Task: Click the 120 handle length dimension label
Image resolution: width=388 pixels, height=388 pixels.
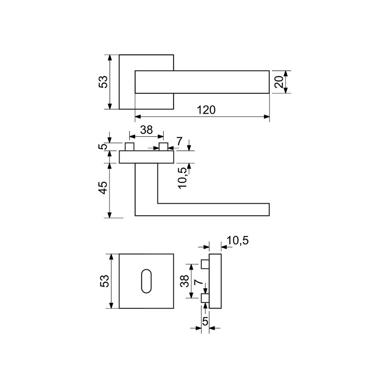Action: tap(206, 110)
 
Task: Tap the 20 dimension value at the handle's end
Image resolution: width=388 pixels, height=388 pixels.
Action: tap(279, 82)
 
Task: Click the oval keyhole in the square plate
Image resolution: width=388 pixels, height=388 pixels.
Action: tap(146, 281)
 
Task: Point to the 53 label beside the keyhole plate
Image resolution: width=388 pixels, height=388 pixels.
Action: tap(104, 281)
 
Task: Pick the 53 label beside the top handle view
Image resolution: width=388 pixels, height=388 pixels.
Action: tap(103, 81)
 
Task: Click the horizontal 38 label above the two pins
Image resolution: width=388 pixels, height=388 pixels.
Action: tap(147, 130)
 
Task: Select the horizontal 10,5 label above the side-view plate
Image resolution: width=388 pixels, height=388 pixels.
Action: tap(237, 241)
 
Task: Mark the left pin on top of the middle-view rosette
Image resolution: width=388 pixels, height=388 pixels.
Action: tap(130, 147)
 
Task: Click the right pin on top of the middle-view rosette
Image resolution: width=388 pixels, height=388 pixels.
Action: tap(163, 147)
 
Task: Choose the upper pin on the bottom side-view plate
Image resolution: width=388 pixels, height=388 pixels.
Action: tap(205, 264)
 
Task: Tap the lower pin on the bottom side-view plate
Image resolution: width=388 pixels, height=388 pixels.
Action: tap(205, 298)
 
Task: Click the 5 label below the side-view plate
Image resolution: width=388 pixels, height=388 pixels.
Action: tap(205, 321)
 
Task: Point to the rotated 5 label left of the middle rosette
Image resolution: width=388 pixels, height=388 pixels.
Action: tap(104, 147)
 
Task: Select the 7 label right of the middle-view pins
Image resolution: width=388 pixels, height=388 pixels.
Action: tap(179, 141)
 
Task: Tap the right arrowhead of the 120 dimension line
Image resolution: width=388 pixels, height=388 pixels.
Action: tap(267, 117)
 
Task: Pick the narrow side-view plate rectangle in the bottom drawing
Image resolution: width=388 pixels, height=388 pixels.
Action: tap(215, 281)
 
